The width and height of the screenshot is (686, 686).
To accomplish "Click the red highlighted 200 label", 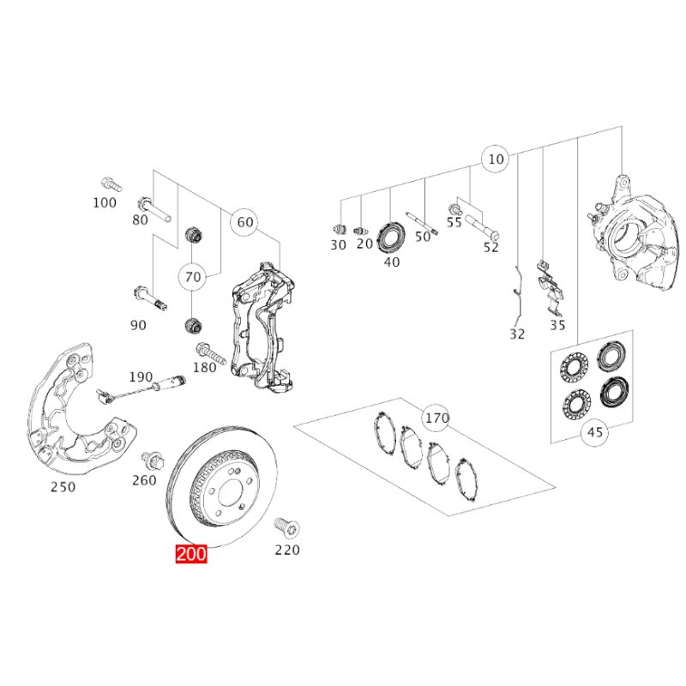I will click(x=191, y=554).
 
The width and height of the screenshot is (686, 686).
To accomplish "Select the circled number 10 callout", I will click(x=496, y=159).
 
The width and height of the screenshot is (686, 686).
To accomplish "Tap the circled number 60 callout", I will click(x=245, y=222).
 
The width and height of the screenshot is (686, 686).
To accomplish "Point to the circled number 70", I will click(x=193, y=276).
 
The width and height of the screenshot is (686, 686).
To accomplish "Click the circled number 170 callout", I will click(x=437, y=418).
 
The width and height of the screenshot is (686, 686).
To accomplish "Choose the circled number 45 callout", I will click(x=595, y=433).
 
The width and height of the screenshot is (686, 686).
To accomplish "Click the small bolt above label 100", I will click(x=108, y=183).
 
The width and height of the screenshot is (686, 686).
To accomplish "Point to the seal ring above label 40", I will click(x=392, y=234).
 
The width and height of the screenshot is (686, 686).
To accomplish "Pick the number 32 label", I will click(x=516, y=334).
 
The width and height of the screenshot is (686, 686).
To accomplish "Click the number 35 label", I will click(x=557, y=325).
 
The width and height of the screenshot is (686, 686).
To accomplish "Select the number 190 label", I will click(x=141, y=376).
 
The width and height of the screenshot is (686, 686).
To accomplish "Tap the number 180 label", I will click(x=205, y=368).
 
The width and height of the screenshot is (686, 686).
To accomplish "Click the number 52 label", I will click(x=490, y=247).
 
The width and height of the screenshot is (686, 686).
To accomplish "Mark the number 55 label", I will click(x=454, y=221).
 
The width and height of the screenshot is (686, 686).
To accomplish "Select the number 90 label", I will click(x=138, y=325).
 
